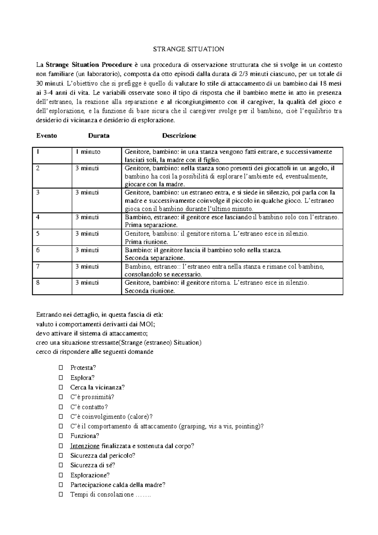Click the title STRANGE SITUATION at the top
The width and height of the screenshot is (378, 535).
tap(188, 49)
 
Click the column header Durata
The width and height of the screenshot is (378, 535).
tap(99, 136)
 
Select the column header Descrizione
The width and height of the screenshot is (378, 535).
tap(179, 136)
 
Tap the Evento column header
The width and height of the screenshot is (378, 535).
tap(47, 136)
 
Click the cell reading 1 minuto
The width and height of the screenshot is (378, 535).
tap(88, 152)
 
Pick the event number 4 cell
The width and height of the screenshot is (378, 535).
tap(38, 217)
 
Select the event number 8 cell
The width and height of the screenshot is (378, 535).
tap(38, 282)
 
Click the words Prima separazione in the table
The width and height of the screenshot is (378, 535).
tap(151, 225)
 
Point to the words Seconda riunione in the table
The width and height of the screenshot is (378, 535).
tap(150, 291)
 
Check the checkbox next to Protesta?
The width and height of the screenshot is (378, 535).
tap(61, 368)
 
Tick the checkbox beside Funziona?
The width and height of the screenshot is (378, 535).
tap(61, 436)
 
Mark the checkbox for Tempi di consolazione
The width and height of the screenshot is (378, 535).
tap(61, 495)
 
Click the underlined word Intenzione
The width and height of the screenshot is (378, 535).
tap(85, 446)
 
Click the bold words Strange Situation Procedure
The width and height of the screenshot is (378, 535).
tap(89, 65)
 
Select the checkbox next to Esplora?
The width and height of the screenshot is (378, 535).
tap(61, 378)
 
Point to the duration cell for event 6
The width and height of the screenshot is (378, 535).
tap(87, 250)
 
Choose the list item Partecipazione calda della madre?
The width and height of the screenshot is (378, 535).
tap(118, 485)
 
